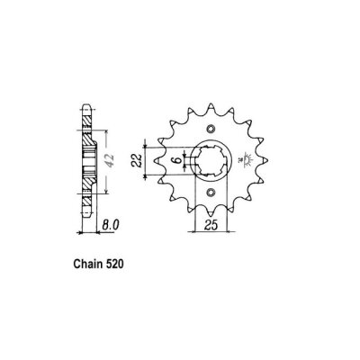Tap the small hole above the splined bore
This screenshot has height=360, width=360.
coord(211,130)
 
